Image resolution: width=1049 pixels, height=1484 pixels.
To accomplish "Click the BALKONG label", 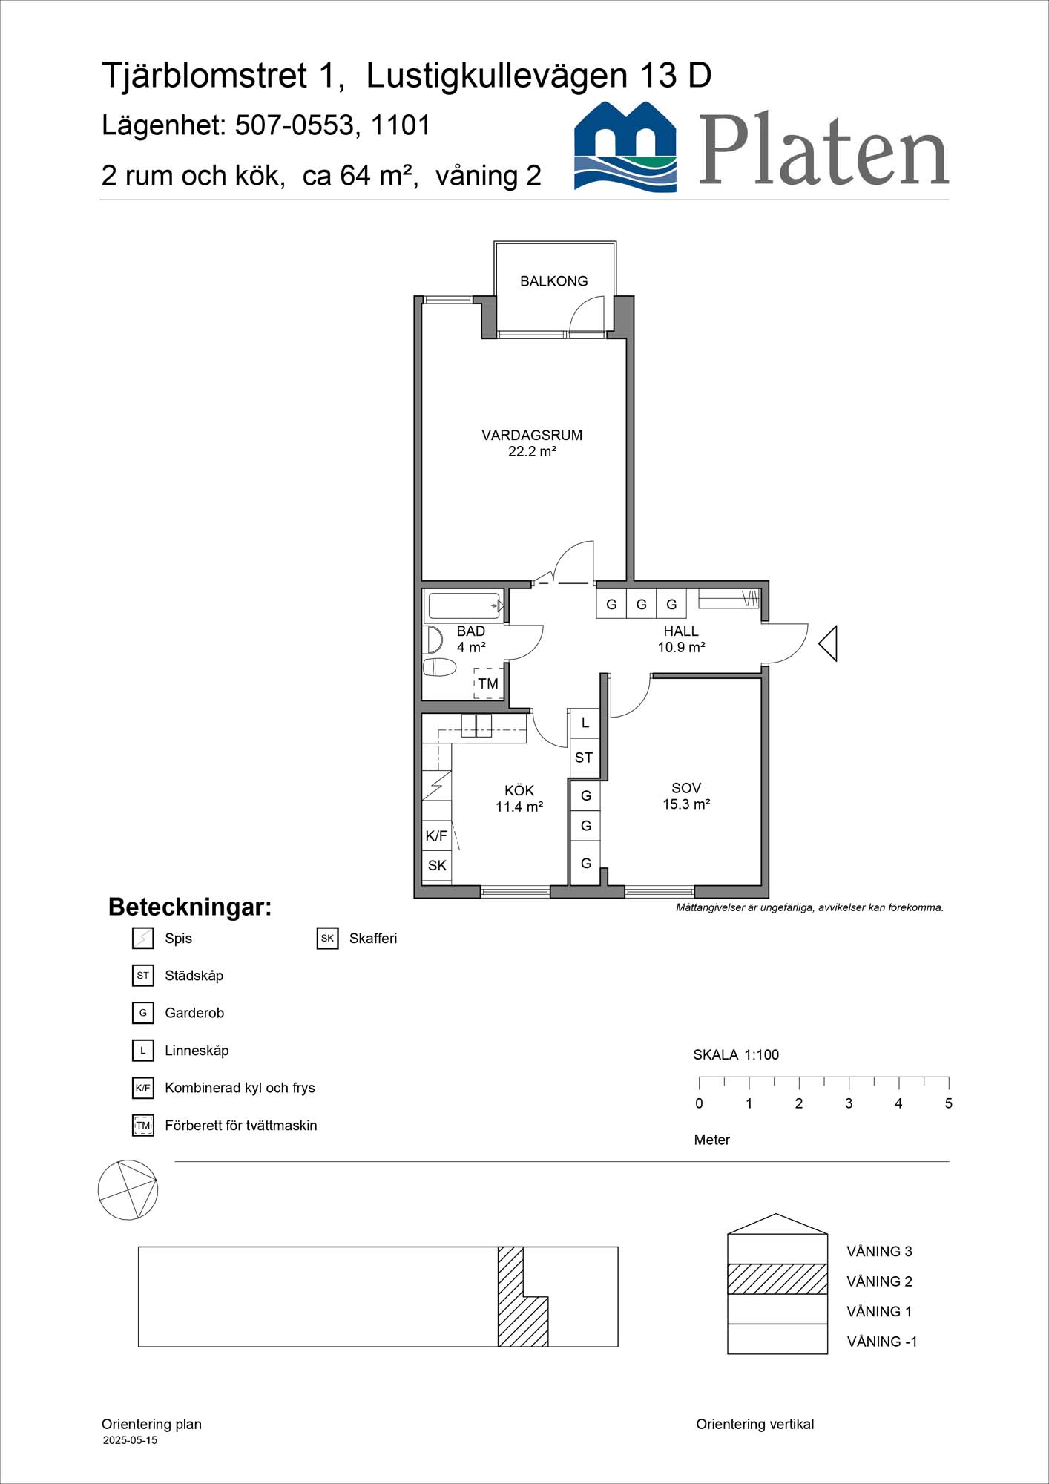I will pos(553,281).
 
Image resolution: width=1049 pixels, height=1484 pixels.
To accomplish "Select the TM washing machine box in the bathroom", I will pos(487,683).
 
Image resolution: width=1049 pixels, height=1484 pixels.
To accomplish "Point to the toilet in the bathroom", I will pos(439,666).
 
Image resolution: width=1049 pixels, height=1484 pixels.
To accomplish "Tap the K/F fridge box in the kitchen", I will pos(436,836).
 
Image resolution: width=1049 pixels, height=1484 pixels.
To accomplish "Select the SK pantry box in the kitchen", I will pos(437,865).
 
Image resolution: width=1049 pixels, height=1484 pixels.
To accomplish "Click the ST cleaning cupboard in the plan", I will pos(584,758).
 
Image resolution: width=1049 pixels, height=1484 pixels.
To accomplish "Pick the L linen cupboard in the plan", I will pos(585,722).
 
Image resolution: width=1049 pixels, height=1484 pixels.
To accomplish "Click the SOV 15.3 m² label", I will pos(686,795).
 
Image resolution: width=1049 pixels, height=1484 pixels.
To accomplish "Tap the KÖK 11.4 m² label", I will pos(519,798).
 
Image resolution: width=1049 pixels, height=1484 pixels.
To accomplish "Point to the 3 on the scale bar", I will pos(849,1103).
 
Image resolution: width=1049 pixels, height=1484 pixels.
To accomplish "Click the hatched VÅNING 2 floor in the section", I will pos(777,1279).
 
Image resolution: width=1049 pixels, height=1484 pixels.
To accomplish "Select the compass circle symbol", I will pos(128,1190).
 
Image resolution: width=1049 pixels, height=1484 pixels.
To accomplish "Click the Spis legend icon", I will pos(142,938).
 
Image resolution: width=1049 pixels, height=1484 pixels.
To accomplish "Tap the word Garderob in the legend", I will pos(194,1013).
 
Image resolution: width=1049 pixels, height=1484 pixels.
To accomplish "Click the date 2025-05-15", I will pos(130,1440).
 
